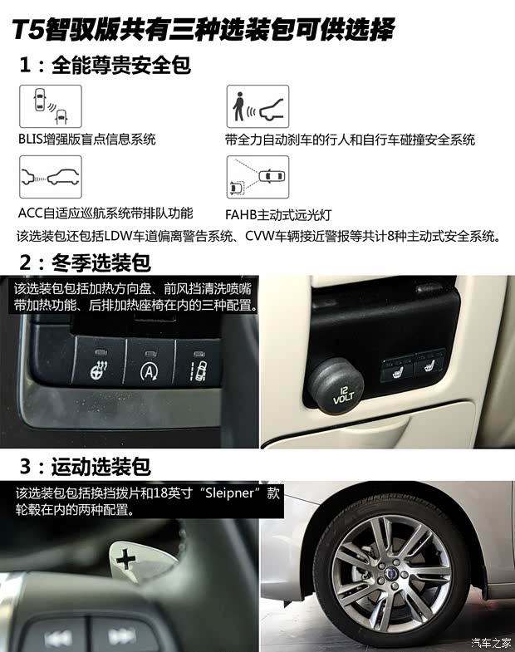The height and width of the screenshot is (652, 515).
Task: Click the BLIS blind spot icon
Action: tap(50, 106)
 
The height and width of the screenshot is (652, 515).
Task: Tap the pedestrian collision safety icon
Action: tap(257, 106)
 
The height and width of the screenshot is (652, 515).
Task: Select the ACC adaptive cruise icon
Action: tap(50, 177)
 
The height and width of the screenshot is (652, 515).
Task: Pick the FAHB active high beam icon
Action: tap(257, 177)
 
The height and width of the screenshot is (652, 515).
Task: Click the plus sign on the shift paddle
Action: tap(125, 558)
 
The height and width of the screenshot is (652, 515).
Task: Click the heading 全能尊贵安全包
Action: tap(120, 65)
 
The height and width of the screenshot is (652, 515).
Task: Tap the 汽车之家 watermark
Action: tap(490, 641)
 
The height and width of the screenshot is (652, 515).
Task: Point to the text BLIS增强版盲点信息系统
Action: tap(87, 140)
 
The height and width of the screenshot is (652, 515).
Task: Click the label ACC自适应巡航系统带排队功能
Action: tap(105, 213)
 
